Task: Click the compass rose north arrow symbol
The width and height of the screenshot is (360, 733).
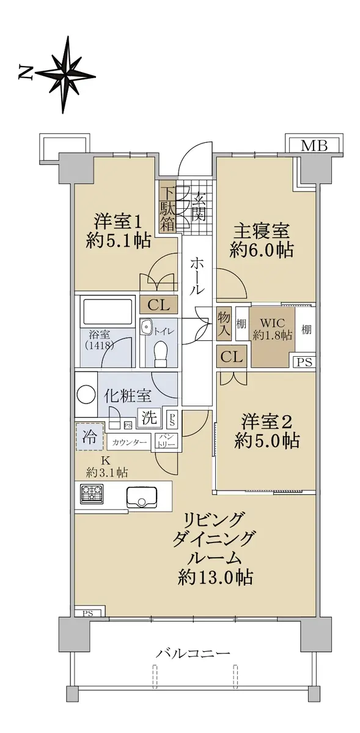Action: click(x=65, y=75)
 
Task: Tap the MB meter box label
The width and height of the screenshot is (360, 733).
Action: click(x=314, y=145)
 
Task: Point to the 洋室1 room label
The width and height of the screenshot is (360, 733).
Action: click(x=118, y=222)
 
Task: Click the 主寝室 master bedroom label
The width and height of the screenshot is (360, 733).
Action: click(x=261, y=232)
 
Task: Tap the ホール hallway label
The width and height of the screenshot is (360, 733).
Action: click(x=197, y=276)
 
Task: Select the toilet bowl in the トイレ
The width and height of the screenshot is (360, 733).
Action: click(x=161, y=354)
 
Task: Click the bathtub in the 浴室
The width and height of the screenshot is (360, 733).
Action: click(x=107, y=309)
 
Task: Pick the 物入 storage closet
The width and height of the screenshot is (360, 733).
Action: click(x=224, y=323)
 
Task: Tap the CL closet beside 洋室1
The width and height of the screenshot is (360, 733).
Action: click(x=158, y=305)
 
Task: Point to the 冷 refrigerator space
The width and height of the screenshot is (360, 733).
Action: click(x=90, y=437)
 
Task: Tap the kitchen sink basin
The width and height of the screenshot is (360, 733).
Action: click(x=141, y=497)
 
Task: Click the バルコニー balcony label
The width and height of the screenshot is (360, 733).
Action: click(x=193, y=653)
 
